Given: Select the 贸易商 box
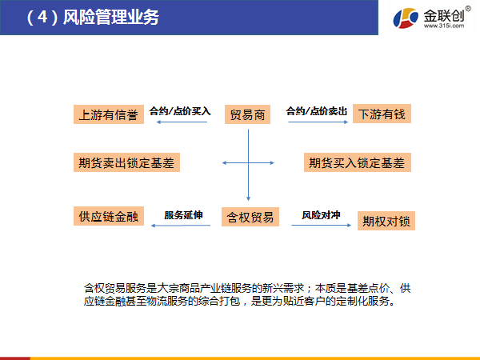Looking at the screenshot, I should (248, 114).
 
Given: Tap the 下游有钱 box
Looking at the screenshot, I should (382, 114).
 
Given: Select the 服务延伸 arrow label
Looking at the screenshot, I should (183, 215).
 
